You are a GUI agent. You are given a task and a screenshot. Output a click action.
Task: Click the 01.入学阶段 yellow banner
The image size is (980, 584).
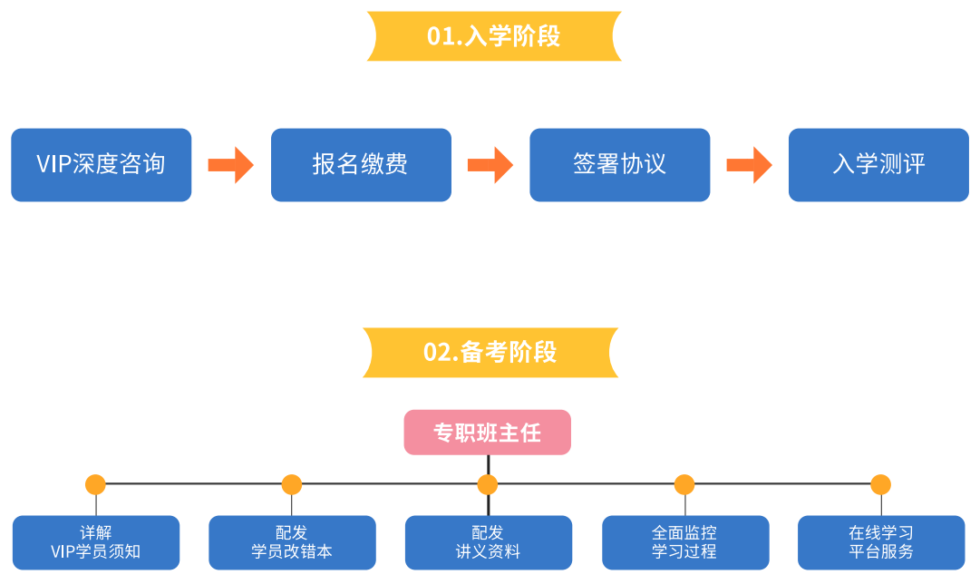(494, 36)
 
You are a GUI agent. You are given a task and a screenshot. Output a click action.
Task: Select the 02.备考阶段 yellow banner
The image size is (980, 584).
(490, 353)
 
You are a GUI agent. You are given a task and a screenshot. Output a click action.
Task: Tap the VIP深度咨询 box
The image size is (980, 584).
(102, 165)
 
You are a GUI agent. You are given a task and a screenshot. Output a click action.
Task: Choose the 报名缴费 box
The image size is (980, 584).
(361, 165)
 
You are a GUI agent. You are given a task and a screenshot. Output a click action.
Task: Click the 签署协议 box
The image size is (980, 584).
(620, 165)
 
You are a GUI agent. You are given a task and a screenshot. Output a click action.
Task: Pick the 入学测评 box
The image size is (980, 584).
(878, 165)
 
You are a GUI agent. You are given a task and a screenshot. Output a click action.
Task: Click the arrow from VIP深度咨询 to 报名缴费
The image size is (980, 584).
(230, 165)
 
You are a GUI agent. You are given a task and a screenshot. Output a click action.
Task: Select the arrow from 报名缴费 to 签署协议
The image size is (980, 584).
(490, 165)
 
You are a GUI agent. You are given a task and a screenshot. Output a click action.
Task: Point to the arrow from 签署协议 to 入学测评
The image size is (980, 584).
(750, 165)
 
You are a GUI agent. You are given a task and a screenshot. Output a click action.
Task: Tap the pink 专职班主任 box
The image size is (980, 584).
(488, 432)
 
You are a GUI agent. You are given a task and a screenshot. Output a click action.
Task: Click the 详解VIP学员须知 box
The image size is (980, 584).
(96, 542)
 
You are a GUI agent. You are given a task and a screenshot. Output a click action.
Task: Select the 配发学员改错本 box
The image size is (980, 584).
(293, 542)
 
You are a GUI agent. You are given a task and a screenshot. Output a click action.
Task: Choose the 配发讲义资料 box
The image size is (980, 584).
(489, 542)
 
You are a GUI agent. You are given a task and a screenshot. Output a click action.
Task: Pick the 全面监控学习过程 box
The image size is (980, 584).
(685, 542)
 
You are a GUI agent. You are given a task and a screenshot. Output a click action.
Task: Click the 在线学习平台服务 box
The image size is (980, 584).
(881, 542)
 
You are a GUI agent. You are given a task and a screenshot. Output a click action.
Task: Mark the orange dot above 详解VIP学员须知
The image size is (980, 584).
(95, 484)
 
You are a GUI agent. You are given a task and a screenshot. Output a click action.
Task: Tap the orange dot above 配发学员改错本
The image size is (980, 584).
(292, 484)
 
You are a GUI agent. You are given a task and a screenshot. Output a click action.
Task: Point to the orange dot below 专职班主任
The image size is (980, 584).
(488, 484)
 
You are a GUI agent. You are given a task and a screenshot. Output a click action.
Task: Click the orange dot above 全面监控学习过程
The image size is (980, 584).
(684, 484)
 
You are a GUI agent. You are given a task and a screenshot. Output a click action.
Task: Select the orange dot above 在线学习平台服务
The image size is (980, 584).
(880, 484)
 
